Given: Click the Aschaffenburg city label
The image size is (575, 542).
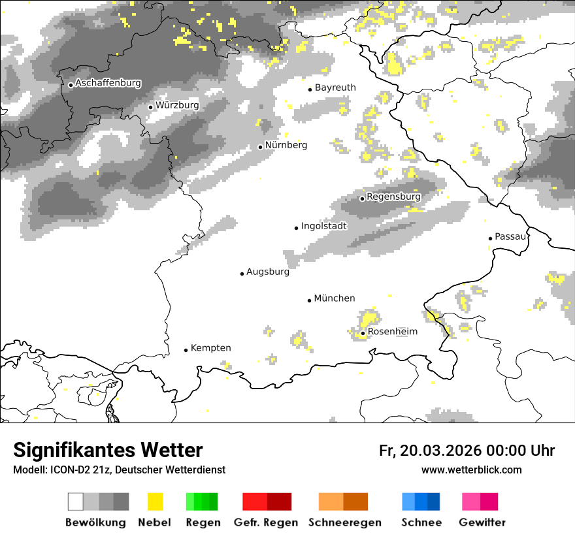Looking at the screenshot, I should coord(108,83).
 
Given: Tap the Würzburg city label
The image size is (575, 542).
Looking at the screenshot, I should coord(177,105).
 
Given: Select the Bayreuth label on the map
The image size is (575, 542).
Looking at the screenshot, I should coord(335,88).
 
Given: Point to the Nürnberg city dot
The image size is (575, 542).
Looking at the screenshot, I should coord(260,147).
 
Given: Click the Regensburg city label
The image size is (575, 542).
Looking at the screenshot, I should coord(393,197).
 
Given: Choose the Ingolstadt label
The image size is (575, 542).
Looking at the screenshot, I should coord(323,226).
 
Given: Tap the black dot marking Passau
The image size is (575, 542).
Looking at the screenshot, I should coord(490,238).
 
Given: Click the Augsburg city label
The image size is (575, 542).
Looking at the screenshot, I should coord(267,272).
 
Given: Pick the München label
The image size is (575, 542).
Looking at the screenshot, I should coord(335,298).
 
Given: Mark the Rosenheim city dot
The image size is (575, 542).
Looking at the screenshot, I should coord(363,333).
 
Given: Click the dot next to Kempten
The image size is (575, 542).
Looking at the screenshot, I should coord(186,350).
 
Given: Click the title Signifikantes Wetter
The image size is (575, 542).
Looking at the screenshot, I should coord(108,451).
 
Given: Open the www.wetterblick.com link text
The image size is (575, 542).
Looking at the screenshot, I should coord(472,470).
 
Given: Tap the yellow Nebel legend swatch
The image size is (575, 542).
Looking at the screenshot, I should coord(155,502).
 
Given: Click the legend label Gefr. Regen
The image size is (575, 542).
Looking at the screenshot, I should coord(267,522).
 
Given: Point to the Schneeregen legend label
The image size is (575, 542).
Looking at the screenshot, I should coord(345,522).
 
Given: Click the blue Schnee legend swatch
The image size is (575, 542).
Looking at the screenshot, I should coord(421,502).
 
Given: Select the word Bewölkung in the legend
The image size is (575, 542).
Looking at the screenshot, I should coord(95,522).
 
